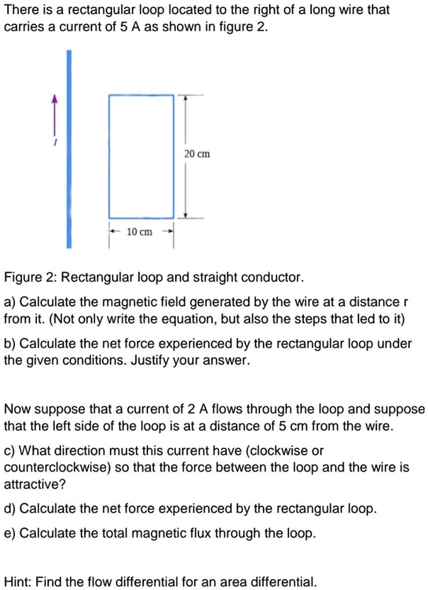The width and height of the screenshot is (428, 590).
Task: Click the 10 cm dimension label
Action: pos(140,232)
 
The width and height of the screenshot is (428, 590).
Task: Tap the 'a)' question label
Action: pos(11,302)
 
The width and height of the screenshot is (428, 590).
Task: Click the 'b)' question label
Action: pos(11,343)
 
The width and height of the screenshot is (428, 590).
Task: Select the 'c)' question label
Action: pos(10,450)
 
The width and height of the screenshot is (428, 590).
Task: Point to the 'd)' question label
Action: pos(11,509)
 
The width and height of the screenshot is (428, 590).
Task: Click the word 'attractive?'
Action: pos(33,485)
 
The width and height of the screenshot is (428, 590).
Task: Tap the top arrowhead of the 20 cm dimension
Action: pos(186,99)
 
